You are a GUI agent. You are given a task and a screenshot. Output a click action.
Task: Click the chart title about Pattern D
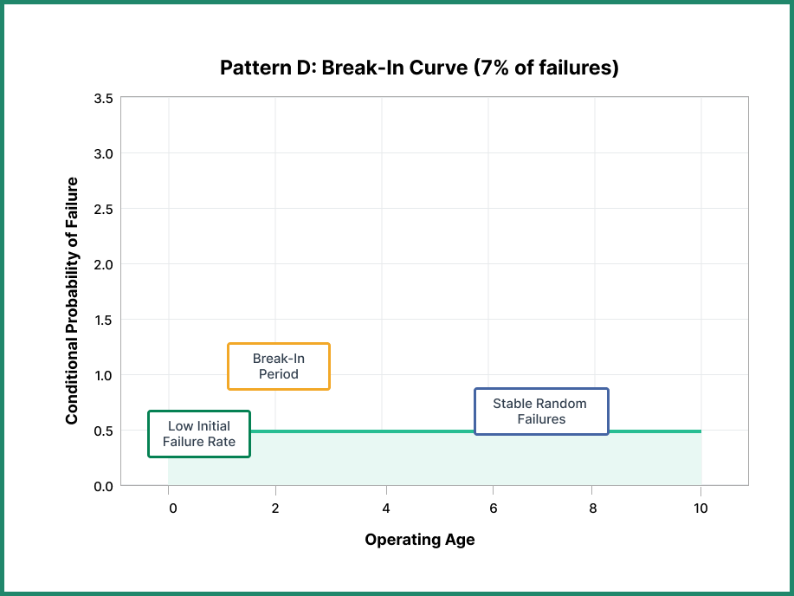(x=419, y=68)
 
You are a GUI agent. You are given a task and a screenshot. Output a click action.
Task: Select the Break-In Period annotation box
(x=278, y=366)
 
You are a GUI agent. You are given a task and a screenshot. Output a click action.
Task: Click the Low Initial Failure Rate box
(x=198, y=434)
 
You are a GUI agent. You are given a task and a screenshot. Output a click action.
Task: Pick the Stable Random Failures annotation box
(x=541, y=411)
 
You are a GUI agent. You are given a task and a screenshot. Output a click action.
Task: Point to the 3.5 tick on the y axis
(x=103, y=98)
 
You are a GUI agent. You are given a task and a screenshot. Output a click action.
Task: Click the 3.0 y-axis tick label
(x=103, y=153)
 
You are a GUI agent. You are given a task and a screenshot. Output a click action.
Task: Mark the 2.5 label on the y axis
(x=103, y=209)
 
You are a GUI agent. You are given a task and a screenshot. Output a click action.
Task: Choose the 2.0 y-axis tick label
(x=103, y=264)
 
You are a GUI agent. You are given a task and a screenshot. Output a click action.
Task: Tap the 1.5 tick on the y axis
(x=103, y=320)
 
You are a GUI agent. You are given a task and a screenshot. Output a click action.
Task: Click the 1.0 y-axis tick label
(x=103, y=375)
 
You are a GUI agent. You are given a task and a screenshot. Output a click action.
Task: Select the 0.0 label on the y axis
(x=103, y=486)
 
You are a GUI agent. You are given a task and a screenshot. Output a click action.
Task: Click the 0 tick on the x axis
(x=173, y=509)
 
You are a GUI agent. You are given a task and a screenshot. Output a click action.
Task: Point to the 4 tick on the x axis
(x=386, y=509)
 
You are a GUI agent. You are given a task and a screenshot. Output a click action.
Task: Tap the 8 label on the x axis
(x=593, y=509)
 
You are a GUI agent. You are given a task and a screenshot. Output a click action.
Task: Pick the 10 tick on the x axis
(x=700, y=509)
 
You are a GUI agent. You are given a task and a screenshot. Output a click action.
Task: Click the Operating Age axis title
(x=419, y=540)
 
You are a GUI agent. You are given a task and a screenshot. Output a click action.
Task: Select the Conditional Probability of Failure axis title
(x=73, y=301)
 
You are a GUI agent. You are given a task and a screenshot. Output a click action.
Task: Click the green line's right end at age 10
(x=700, y=431)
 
